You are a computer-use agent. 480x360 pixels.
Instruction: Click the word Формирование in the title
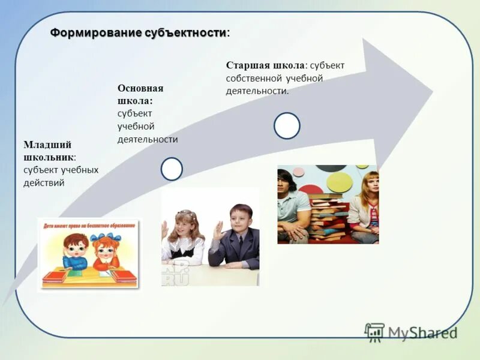pyautogui.click(x=96, y=32)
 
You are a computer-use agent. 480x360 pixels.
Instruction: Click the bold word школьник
pyautogui.click(x=49, y=157)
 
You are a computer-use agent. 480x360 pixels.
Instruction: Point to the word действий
pyautogui.click(x=44, y=183)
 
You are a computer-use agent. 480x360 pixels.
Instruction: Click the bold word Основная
pyautogui.click(x=140, y=88)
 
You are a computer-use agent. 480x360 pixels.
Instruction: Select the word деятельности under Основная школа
pyautogui.click(x=148, y=139)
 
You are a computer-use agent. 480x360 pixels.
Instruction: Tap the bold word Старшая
pyautogui.click(x=248, y=65)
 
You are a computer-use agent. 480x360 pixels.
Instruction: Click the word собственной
pyautogui.click(x=253, y=78)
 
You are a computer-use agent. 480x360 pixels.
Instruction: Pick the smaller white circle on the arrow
pyautogui.click(x=172, y=169)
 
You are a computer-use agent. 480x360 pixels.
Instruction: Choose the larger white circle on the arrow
pyautogui.click(x=287, y=126)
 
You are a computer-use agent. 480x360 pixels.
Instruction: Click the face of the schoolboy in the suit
pyautogui.click(x=242, y=218)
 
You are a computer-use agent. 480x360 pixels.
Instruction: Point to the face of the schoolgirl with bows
pyautogui.click(x=185, y=225)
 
